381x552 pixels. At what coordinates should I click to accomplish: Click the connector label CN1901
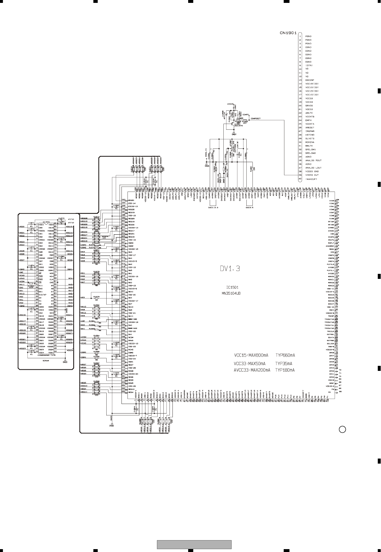(288, 32)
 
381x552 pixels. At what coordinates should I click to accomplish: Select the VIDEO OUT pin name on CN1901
(312, 175)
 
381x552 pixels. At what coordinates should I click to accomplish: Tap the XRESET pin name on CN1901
(310, 128)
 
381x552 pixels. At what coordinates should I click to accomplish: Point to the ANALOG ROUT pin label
(313, 160)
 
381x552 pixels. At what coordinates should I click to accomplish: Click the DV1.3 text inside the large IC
(229, 268)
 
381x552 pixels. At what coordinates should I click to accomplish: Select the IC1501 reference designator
(232, 287)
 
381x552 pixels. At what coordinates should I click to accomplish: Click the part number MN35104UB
(231, 293)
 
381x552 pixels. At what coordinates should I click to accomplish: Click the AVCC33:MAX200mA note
(252, 370)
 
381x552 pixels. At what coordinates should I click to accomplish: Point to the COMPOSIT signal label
(255, 118)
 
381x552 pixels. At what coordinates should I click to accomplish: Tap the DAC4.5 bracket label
(250, 208)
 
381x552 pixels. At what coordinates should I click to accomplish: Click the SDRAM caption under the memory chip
(46, 360)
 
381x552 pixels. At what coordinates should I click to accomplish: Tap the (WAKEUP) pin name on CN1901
(311, 179)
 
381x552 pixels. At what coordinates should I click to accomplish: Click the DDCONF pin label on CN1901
(310, 80)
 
